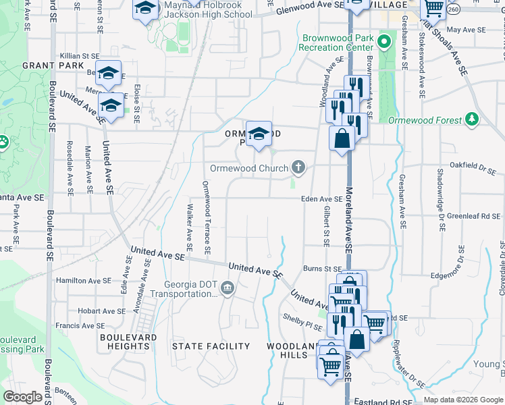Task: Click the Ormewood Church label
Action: [249, 167]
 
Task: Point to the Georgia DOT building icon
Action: [228, 289]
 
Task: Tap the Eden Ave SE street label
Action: [322, 199]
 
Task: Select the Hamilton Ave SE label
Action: [84, 280]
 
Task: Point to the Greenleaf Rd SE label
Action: [475, 216]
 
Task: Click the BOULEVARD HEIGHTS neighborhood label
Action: [128, 342]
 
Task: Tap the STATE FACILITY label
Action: [211, 346]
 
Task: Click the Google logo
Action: [22, 397]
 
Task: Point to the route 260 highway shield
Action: [454, 9]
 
